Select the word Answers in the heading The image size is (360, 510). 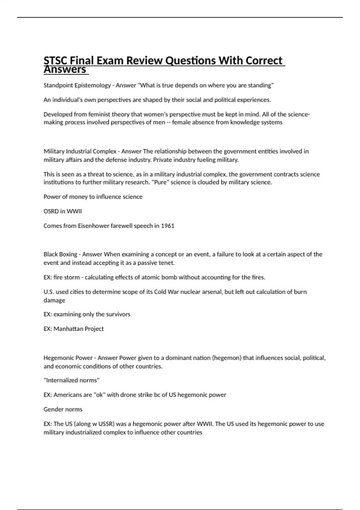tap(65, 70)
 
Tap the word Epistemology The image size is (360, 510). tap(93, 85)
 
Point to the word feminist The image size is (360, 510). tap(99, 114)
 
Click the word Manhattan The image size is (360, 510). tap(68, 329)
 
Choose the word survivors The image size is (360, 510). tap(118, 314)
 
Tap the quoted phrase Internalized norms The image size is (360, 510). tap(72, 380)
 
